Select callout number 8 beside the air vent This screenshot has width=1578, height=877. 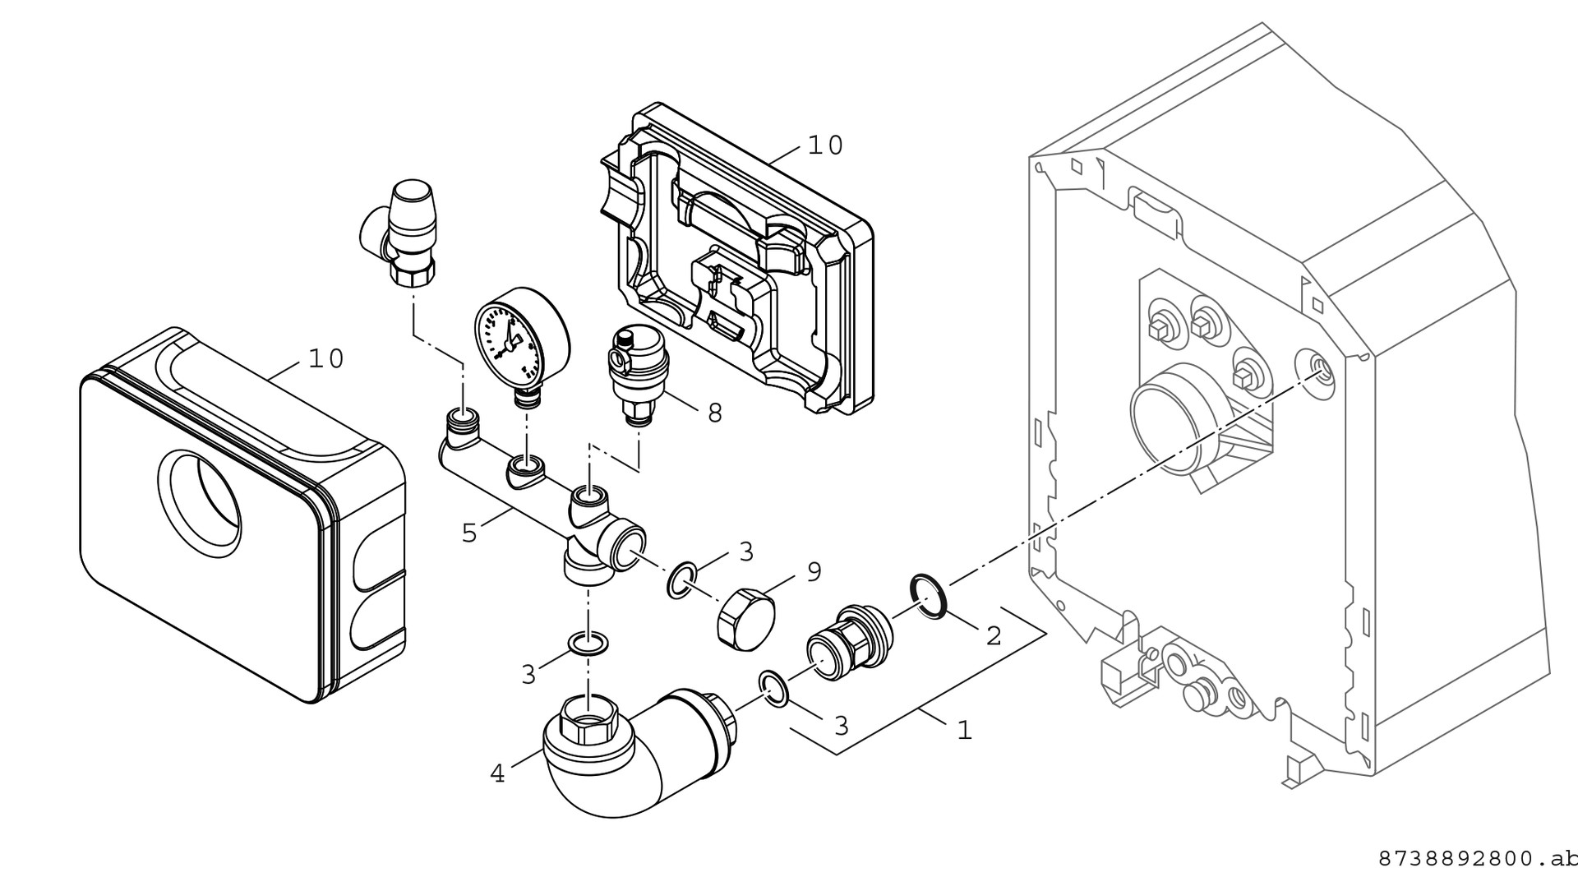(714, 413)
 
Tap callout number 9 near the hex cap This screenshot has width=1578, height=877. (813, 571)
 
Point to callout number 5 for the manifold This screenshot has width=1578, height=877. (469, 533)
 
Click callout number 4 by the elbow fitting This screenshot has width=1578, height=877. (497, 773)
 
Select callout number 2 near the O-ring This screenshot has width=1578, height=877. (993, 635)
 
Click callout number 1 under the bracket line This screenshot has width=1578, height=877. (964, 729)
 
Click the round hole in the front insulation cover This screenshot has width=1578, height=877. (200, 501)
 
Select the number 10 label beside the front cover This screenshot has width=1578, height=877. (326, 358)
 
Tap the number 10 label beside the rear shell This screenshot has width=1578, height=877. (825, 145)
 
